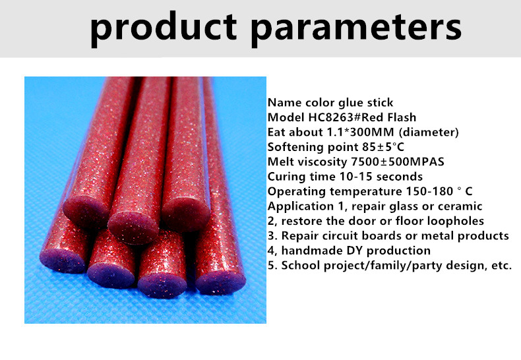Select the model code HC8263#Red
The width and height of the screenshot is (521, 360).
333,117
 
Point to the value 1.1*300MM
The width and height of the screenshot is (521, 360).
361,132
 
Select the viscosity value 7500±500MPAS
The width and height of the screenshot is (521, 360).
398,162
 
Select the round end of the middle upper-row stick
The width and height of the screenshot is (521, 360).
134,227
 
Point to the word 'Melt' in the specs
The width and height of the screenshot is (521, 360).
280,162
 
